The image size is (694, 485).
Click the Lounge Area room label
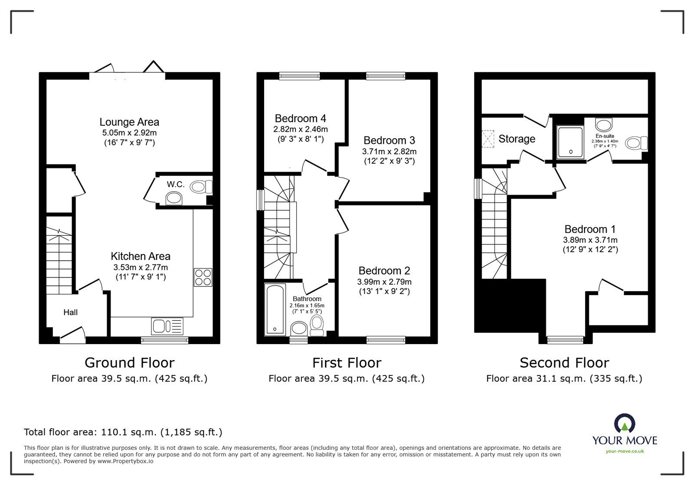pos(129,122)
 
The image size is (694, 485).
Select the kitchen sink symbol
pos(167,325)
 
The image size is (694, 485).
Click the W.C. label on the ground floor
pos(176,184)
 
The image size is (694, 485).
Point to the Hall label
pos(71,312)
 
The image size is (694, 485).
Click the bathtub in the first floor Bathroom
pos(275,309)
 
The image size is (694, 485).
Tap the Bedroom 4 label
pos(300,118)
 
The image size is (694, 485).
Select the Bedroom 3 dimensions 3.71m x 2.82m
pos(389,151)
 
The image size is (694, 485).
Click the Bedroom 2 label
pos(384,271)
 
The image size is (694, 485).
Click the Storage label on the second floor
pos(517,139)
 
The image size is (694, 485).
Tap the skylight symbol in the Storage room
pos(488,139)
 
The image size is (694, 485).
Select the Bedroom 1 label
pos(590,229)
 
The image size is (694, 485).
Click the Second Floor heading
pos(564,362)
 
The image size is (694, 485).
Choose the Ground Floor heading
pos(129,362)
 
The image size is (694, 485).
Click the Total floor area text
pos(123,432)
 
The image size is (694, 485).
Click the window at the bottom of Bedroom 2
pos(386,340)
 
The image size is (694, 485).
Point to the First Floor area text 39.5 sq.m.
pos(346,378)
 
